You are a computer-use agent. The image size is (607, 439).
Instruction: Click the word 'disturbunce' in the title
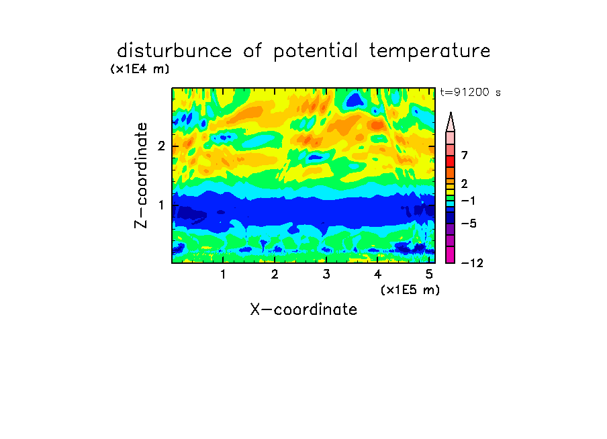(x=175, y=51)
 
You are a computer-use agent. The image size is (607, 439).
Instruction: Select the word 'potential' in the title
(x=316, y=52)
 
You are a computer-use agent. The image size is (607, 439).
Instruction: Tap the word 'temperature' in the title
(x=430, y=52)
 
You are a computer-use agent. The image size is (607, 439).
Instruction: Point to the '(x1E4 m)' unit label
(x=140, y=69)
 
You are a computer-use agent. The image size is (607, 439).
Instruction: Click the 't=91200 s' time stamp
(x=470, y=93)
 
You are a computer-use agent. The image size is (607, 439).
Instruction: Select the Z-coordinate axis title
(x=141, y=175)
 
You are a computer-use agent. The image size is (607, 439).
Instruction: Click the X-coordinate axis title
(x=303, y=309)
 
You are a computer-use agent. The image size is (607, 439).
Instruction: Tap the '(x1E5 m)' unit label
(x=410, y=290)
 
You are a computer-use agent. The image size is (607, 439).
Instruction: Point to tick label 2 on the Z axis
(x=161, y=146)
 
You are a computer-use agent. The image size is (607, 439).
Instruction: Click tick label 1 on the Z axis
(x=161, y=205)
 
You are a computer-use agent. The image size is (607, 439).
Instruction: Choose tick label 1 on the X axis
(x=223, y=275)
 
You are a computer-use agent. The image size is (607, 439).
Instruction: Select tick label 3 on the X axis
(x=326, y=275)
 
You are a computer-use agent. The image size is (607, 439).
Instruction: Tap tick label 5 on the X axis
(x=429, y=275)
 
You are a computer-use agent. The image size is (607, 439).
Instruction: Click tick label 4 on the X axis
(x=377, y=275)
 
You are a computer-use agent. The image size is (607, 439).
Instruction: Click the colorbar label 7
(x=465, y=156)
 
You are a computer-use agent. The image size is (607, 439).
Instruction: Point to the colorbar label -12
(x=472, y=263)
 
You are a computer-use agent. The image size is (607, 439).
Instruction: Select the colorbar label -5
(x=469, y=224)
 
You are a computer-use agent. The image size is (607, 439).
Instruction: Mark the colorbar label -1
(x=468, y=201)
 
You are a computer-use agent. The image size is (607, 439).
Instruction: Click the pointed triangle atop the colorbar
(x=451, y=121)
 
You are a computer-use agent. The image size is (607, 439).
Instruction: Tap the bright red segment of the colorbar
(x=451, y=161)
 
